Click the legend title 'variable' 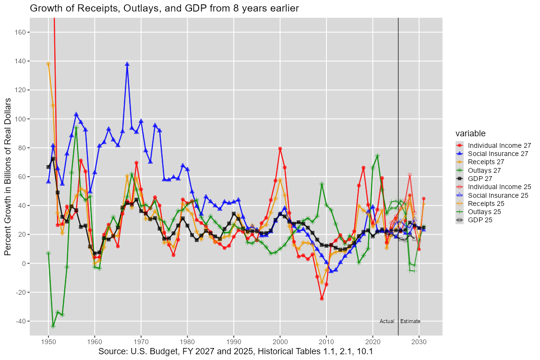click(x=470, y=133)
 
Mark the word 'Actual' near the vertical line click(x=387, y=321)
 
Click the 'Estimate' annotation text click(x=410, y=321)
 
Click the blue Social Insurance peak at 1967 click(x=127, y=64)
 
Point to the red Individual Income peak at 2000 click(x=280, y=149)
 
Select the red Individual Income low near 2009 click(x=322, y=299)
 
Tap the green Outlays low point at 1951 click(x=53, y=326)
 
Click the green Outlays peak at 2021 click(x=377, y=156)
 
